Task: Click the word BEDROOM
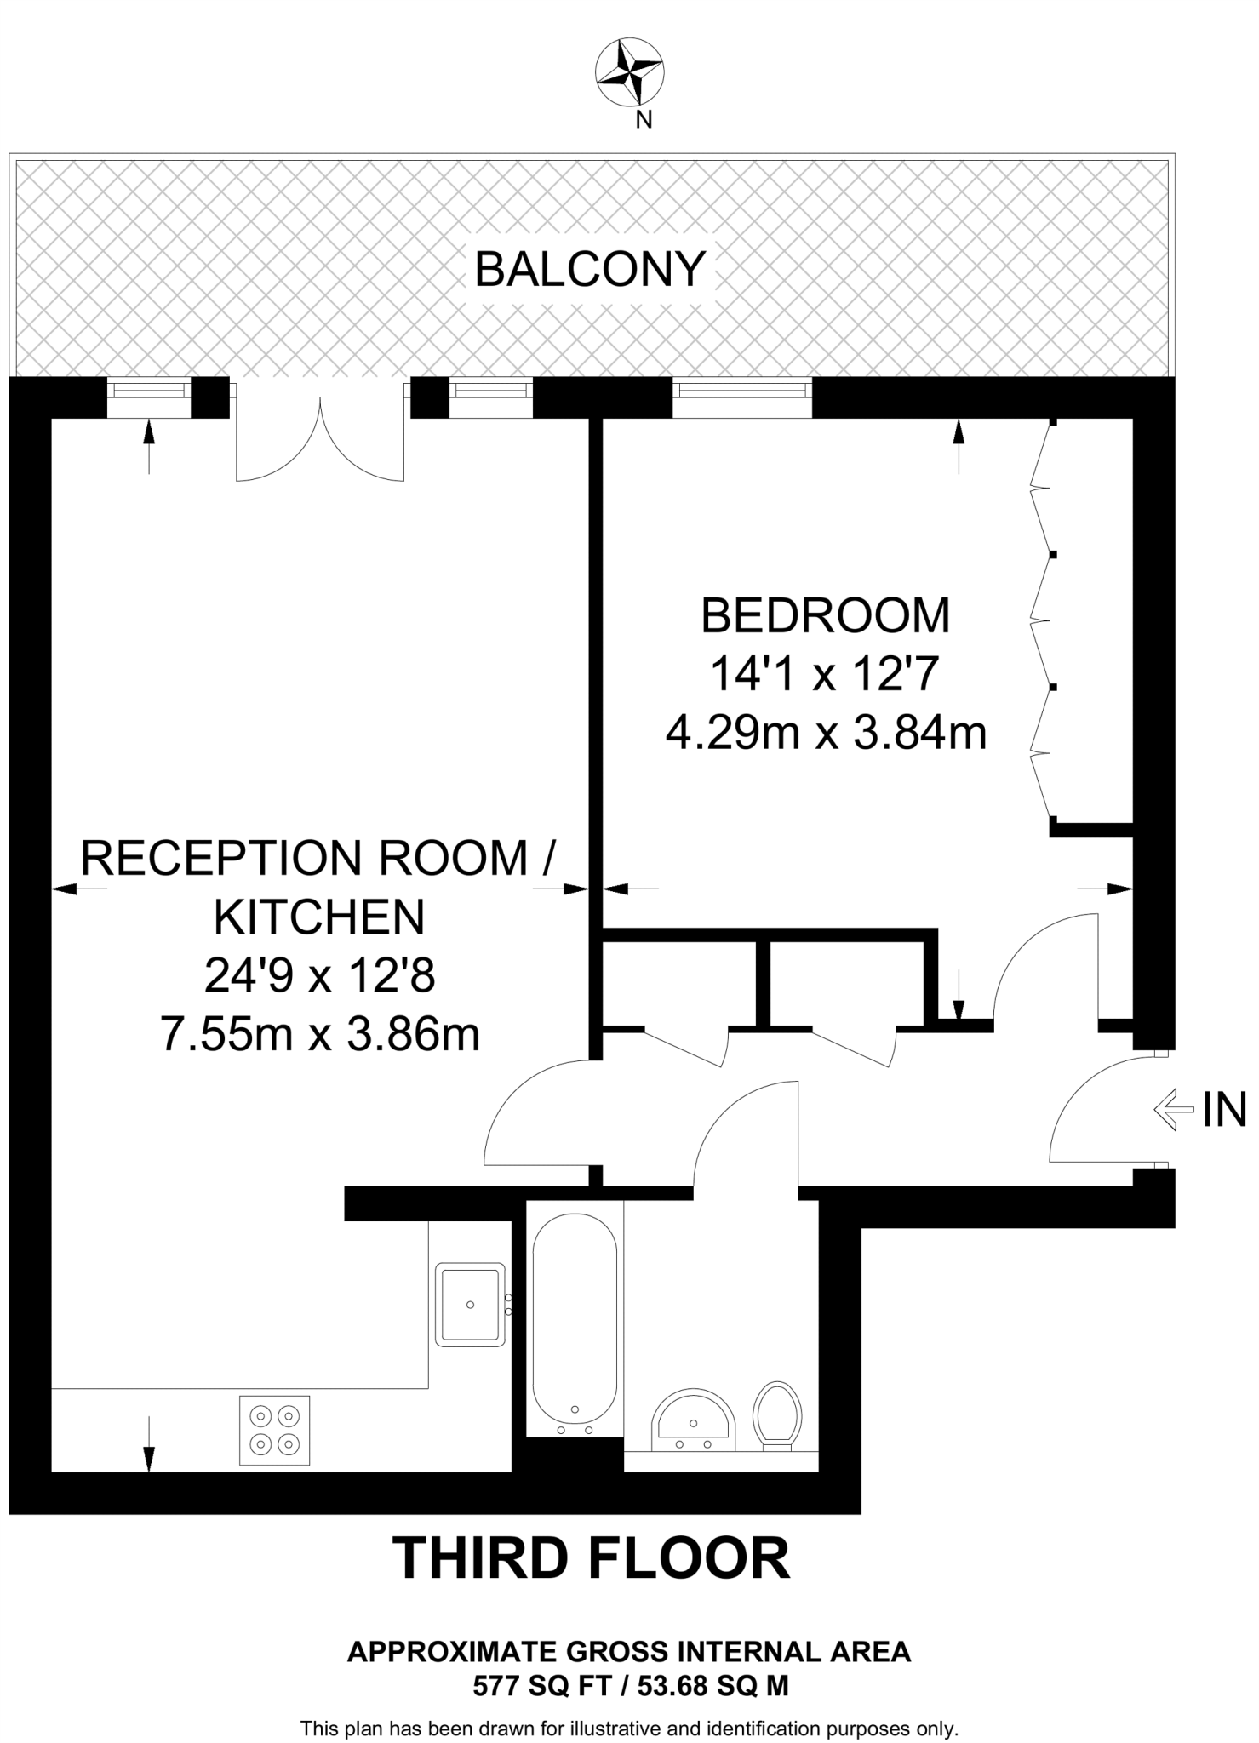(825, 615)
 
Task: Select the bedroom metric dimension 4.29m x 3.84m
(826, 732)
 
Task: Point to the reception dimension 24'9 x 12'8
(320, 975)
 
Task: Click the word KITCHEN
(319, 917)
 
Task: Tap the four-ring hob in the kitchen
(275, 1430)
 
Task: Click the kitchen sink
(471, 1304)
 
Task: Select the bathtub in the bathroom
(575, 1322)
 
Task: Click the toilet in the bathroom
(777, 1415)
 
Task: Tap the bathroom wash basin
(694, 1420)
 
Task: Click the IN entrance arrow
(1174, 1110)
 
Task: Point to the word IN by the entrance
(1224, 1110)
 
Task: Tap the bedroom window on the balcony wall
(742, 397)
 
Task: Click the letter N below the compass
(644, 120)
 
